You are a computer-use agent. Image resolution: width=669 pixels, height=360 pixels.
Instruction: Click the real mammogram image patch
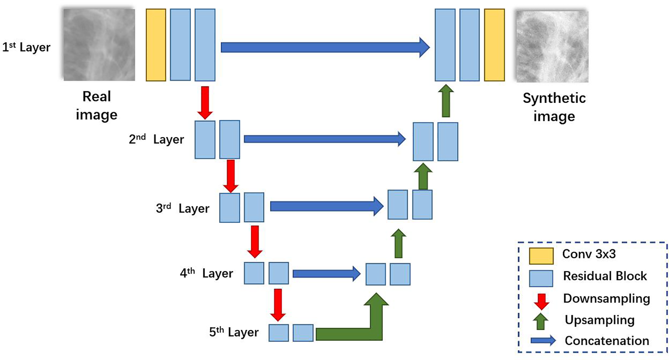pos(99,45)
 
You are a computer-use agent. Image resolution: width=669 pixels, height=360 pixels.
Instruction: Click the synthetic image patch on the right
pos(552,46)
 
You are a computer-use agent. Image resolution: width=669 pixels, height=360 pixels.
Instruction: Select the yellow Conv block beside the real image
pos(156,45)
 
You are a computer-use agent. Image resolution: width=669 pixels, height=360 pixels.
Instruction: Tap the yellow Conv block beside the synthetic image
pos(494,45)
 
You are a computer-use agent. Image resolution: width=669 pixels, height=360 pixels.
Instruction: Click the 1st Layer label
pos(26,47)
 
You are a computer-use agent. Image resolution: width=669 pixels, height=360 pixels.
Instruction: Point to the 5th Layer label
pos(234,332)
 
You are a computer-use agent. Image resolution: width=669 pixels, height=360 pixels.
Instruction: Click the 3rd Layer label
pos(182,208)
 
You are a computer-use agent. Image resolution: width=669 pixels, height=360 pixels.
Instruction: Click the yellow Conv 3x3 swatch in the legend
pos(541,256)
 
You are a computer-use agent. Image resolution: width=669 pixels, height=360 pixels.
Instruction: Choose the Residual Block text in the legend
pos(604,276)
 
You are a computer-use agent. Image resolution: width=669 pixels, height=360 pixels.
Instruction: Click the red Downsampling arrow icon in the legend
pos(541,301)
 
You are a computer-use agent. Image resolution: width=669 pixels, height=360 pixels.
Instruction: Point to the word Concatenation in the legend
pos(607,341)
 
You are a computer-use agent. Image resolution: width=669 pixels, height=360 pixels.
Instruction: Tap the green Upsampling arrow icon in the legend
pos(540,321)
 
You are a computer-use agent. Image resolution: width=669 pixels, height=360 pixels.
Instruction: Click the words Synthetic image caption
pos(554,107)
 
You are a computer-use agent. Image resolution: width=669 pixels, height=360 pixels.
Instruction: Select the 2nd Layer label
pos(156,139)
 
